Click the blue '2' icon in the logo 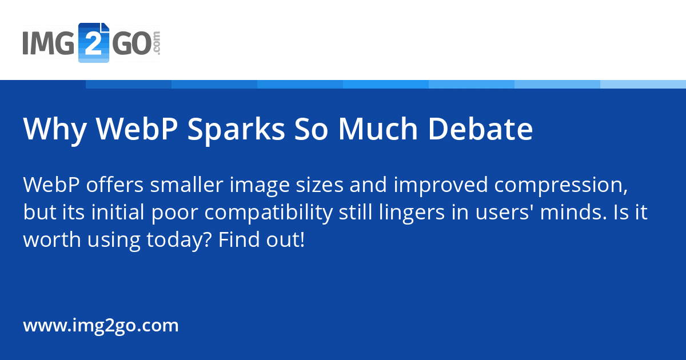(x=94, y=42)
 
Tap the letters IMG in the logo (x=49, y=43)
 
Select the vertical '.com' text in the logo (x=156, y=42)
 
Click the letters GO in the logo (x=131, y=43)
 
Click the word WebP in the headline (x=137, y=129)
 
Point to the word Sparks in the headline (x=237, y=131)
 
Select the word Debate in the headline (x=480, y=129)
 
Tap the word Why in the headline (x=55, y=131)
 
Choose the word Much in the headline (x=378, y=129)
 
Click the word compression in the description (x=561, y=186)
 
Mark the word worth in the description (x=52, y=239)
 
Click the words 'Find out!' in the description (x=262, y=239)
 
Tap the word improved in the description (x=441, y=186)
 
